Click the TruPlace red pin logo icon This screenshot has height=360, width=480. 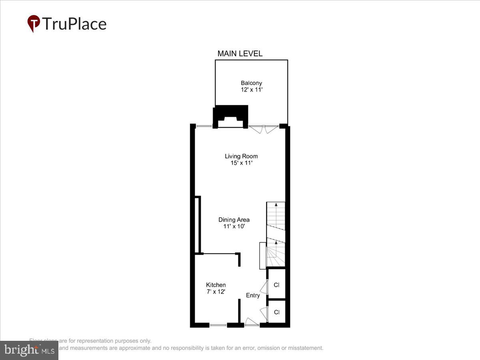(34, 23)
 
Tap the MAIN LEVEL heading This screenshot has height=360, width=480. (240, 54)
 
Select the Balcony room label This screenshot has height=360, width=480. (251, 83)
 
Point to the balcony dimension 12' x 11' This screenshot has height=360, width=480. (251, 90)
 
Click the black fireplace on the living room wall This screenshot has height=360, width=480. (230, 116)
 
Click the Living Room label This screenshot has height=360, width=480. (241, 156)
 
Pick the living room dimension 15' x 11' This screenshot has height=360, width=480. (241, 163)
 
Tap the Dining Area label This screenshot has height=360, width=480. (234, 220)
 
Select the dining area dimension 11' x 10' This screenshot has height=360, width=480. (234, 226)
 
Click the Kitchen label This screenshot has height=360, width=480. (216, 285)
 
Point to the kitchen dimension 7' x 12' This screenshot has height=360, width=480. (216, 292)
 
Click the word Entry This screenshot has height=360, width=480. (253, 296)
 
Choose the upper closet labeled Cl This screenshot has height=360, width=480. (276, 285)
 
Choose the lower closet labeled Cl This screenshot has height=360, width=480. (276, 312)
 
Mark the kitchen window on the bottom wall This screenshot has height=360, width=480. (218, 325)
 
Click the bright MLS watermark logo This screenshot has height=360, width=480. (29, 350)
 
